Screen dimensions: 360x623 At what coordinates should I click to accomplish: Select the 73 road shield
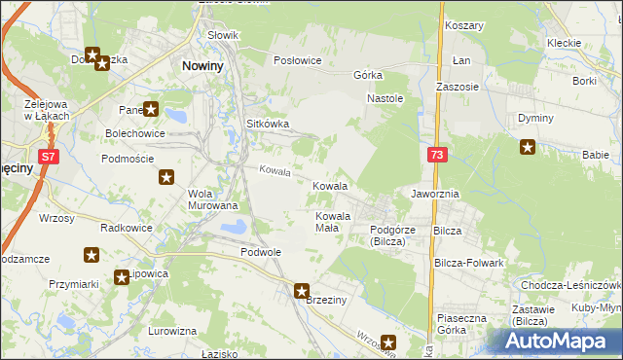tap(436, 156)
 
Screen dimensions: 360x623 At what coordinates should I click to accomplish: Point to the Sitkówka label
tap(268, 125)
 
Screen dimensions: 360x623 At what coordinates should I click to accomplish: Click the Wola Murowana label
tap(212, 198)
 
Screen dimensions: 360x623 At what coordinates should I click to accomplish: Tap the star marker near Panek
tap(151, 110)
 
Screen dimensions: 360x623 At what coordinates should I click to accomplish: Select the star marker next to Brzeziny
tap(302, 290)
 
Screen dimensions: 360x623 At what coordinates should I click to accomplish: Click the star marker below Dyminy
tap(528, 148)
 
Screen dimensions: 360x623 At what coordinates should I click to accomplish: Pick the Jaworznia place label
tap(434, 194)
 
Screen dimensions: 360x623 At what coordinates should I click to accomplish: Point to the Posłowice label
tap(298, 60)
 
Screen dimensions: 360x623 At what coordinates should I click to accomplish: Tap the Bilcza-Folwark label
tap(469, 263)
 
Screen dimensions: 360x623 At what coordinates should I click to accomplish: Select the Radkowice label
tap(124, 227)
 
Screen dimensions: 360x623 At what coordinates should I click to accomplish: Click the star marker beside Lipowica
tap(122, 276)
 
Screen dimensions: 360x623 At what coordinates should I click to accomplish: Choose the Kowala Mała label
tap(333, 222)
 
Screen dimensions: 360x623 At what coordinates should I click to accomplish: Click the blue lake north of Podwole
tap(234, 228)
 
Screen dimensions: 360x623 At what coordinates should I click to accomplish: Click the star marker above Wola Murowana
tap(166, 177)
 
